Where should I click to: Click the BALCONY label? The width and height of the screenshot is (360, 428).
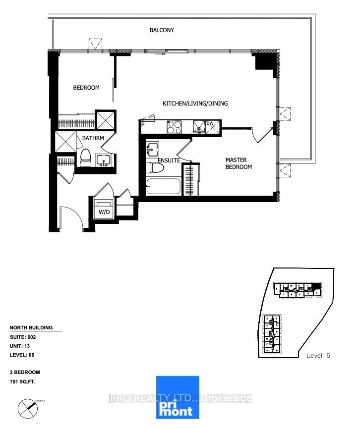pyautogui.click(x=162, y=30)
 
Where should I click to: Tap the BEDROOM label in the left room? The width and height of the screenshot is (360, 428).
pyautogui.click(x=86, y=88)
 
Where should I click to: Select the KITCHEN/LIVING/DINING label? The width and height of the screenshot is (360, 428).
pyautogui.click(x=195, y=104)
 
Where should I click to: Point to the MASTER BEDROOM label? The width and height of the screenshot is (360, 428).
pyautogui.click(x=239, y=163)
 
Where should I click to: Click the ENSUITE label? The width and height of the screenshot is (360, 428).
pyautogui.click(x=169, y=160)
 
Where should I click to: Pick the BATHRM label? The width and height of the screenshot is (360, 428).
pyautogui.click(x=93, y=138)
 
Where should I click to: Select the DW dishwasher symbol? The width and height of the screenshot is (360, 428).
pyautogui.click(x=211, y=126)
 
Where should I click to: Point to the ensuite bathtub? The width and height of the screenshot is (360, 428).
pyautogui.click(x=163, y=187)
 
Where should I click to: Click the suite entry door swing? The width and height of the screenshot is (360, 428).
pyautogui.click(x=70, y=217)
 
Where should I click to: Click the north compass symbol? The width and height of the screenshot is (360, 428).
pyautogui.click(x=28, y=408)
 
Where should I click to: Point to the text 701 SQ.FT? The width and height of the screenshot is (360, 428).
pyautogui.click(x=23, y=382)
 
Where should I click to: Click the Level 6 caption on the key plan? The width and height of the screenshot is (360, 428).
pyautogui.click(x=318, y=355)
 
